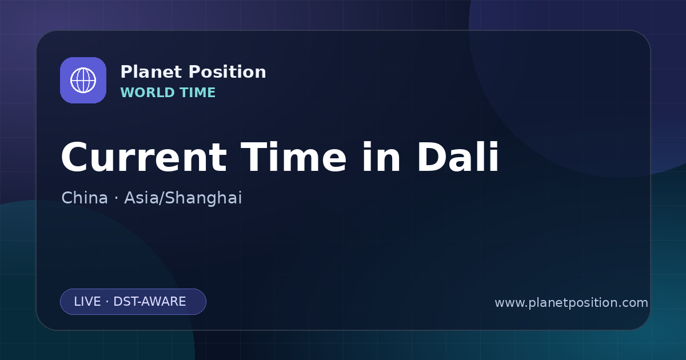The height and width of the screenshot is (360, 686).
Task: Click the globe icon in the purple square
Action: [x=83, y=80]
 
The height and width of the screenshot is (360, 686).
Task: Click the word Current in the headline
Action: [x=144, y=157]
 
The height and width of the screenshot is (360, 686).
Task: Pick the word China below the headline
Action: [x=85, y=198]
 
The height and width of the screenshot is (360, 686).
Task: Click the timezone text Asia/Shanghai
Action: [x=183, y=198]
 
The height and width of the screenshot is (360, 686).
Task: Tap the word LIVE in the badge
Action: [x=87, y=302]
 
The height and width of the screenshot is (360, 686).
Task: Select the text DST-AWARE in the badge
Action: [x=149, y=302]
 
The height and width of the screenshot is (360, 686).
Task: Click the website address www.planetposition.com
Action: [x=572, y=303]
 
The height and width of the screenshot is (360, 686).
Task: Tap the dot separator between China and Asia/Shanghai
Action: [x=116, y=198]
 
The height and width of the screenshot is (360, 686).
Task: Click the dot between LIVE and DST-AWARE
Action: [x=107, y=302]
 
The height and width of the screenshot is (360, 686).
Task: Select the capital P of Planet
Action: [x=126, y=72]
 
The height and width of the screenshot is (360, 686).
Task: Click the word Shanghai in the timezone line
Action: [x=204, y=198]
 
